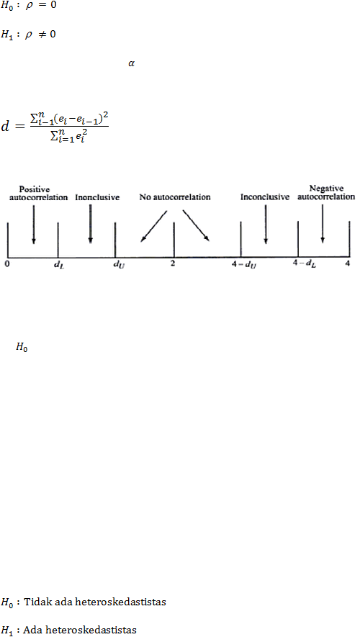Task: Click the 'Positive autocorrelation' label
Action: (x=39, y=194)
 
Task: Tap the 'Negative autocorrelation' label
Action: (x=326, y=193)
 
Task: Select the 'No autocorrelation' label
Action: (x=175, y=197)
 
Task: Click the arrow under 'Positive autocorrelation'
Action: (x=33, y=225)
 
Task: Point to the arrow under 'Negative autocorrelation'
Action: (x=323, y=223)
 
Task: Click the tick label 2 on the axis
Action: (x=173, y=263)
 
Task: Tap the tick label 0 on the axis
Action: (x=7, y=264)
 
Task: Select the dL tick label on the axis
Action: (x=59, y=266)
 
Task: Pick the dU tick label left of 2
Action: (x=119, y=266)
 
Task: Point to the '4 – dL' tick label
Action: (x=305, y=263)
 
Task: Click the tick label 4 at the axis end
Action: (x=348, y=263)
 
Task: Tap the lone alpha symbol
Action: (x=131, y=64)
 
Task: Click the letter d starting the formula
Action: (x=5, y=127)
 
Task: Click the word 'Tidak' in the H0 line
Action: (x=37, y=602)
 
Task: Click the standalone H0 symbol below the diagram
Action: (x=22, y=348)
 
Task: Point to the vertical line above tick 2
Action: (x=174, y=240)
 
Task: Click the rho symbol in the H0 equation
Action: (x=29, y=8)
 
